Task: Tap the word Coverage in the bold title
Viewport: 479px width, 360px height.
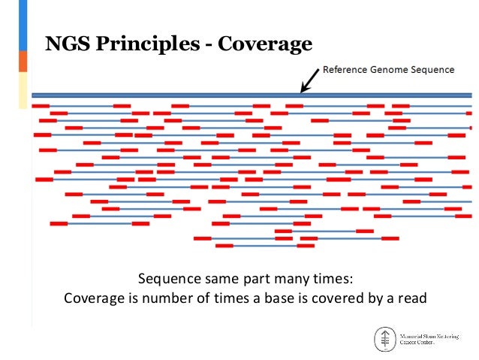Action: (264, 45)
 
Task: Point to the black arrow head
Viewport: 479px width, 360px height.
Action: (303, 87)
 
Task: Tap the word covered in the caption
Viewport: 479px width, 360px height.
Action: (340, 298)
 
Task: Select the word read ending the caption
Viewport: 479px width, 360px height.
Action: (411, 298)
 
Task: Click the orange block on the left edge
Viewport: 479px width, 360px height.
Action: (23, 61)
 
